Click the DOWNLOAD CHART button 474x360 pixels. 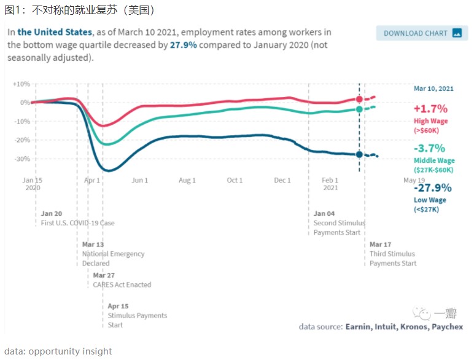[421, 33]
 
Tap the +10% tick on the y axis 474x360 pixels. [21, 84]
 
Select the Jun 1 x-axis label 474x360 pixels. [139, 180]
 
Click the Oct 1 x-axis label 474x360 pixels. [235, 180]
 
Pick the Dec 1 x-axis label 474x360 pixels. [282, 180]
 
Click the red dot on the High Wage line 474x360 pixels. [359, 99]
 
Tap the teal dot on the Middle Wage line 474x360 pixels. [359, 109]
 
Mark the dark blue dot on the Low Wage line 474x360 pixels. [359, 154]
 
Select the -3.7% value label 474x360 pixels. [429, 149]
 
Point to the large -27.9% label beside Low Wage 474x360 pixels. [432, 188]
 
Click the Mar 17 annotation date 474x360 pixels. [380, 245]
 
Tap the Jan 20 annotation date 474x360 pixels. [52, 213]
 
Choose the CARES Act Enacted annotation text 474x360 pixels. [122, 284]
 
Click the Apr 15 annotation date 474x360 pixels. [118, 306]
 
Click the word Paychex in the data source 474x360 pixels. [447, 326]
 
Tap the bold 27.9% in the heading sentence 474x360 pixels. [184, 45]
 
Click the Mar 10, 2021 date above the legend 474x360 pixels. [433, 89]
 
